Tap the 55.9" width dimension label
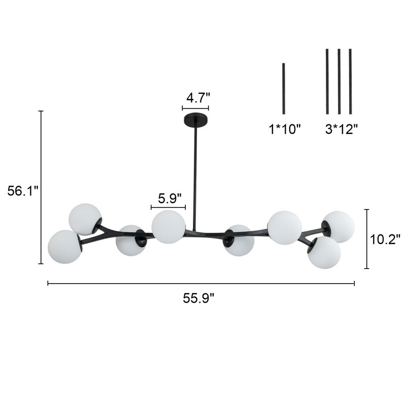tap(199, 298)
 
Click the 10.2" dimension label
tap(385, 239)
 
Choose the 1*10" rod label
tap(285, 129)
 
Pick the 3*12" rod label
tap(342, 129)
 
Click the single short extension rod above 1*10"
tap(284, 88)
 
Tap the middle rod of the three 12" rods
tap(339, 81)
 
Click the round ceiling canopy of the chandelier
tap(195, 120)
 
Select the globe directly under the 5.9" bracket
tap(168, 226)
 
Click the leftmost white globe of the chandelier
tap(64, 247)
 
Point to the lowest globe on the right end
tap(324, 252)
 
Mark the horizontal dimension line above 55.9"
tap(201, 283)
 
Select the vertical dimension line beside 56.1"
tap(41, 187)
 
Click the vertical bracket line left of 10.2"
tap(366, 239)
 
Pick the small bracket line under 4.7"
tap(195, 108)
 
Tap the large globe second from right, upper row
tap(284, 227)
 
